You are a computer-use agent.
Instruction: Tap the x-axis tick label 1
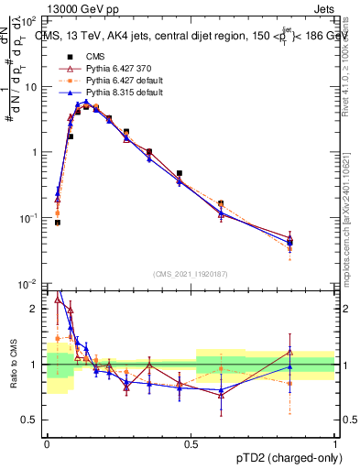coord(334,443)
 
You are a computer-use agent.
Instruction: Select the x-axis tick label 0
coord(47,443)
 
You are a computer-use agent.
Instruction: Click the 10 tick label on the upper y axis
coord(32,87)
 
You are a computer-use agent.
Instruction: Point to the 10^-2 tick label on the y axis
coord(29,284)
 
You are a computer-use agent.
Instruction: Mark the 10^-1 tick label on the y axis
coord(29,218)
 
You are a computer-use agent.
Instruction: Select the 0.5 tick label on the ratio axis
coord(32,420)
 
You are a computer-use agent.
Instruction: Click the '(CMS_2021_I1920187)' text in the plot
coord(191,273)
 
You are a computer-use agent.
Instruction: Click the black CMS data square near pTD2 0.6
coord(221,203)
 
